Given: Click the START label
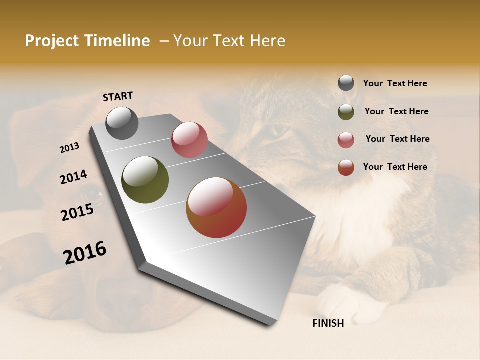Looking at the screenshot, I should (x=118, y=96).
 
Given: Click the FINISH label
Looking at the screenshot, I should (x=328, y=323).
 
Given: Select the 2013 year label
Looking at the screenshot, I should (x=70, y=148).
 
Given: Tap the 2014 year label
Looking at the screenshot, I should (x=74, y=177).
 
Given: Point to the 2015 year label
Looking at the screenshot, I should (x=77, y=212).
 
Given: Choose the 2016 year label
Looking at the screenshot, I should (x=85, y=253).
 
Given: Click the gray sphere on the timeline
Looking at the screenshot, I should (x=122, y=123).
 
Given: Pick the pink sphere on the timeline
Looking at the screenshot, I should (x=189, y=140).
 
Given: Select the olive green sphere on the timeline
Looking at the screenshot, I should (x=145, y=180).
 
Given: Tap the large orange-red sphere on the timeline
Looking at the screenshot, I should (x=216, y=207).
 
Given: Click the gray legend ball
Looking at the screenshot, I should (x=346, y=83).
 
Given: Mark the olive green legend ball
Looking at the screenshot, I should (x=346, y=112).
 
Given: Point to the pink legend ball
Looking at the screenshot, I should (x=346, y=140).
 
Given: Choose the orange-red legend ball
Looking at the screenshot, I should (x=346, y=167).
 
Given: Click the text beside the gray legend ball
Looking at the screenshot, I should (x=395, y=84).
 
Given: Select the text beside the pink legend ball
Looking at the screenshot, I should (x=397, y=139).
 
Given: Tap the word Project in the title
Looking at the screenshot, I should (x=53, y=41).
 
